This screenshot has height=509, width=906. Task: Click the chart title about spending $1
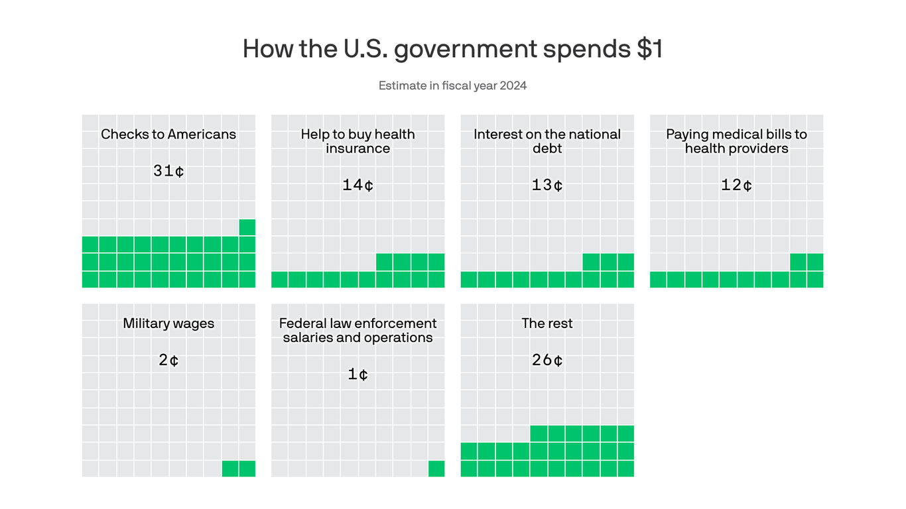(452, 49)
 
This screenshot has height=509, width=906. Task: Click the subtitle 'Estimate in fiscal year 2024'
(452, 85)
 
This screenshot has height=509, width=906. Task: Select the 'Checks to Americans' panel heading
(168, 135)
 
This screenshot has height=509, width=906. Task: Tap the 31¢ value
(168, 171)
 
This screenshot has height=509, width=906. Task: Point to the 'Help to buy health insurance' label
(357, 141)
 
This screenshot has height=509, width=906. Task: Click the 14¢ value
(357, 185)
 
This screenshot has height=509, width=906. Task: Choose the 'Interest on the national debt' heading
(547, 141)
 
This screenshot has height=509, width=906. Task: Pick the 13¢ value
(547, 185)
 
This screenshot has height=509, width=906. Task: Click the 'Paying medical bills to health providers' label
(736, 141)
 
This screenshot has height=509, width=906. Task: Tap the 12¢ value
(736, 185)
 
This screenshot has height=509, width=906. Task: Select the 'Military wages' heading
(168, 323)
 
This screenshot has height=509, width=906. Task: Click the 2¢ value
(168, 360)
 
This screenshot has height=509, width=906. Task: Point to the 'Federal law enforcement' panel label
(357, 330)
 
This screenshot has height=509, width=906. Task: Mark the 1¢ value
(357, 374)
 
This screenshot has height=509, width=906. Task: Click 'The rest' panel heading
(547, 323)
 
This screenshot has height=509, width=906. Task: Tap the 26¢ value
(547, 360)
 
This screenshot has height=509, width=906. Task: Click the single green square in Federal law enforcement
(436, 469)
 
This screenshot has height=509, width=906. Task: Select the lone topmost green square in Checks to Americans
(247, 227)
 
